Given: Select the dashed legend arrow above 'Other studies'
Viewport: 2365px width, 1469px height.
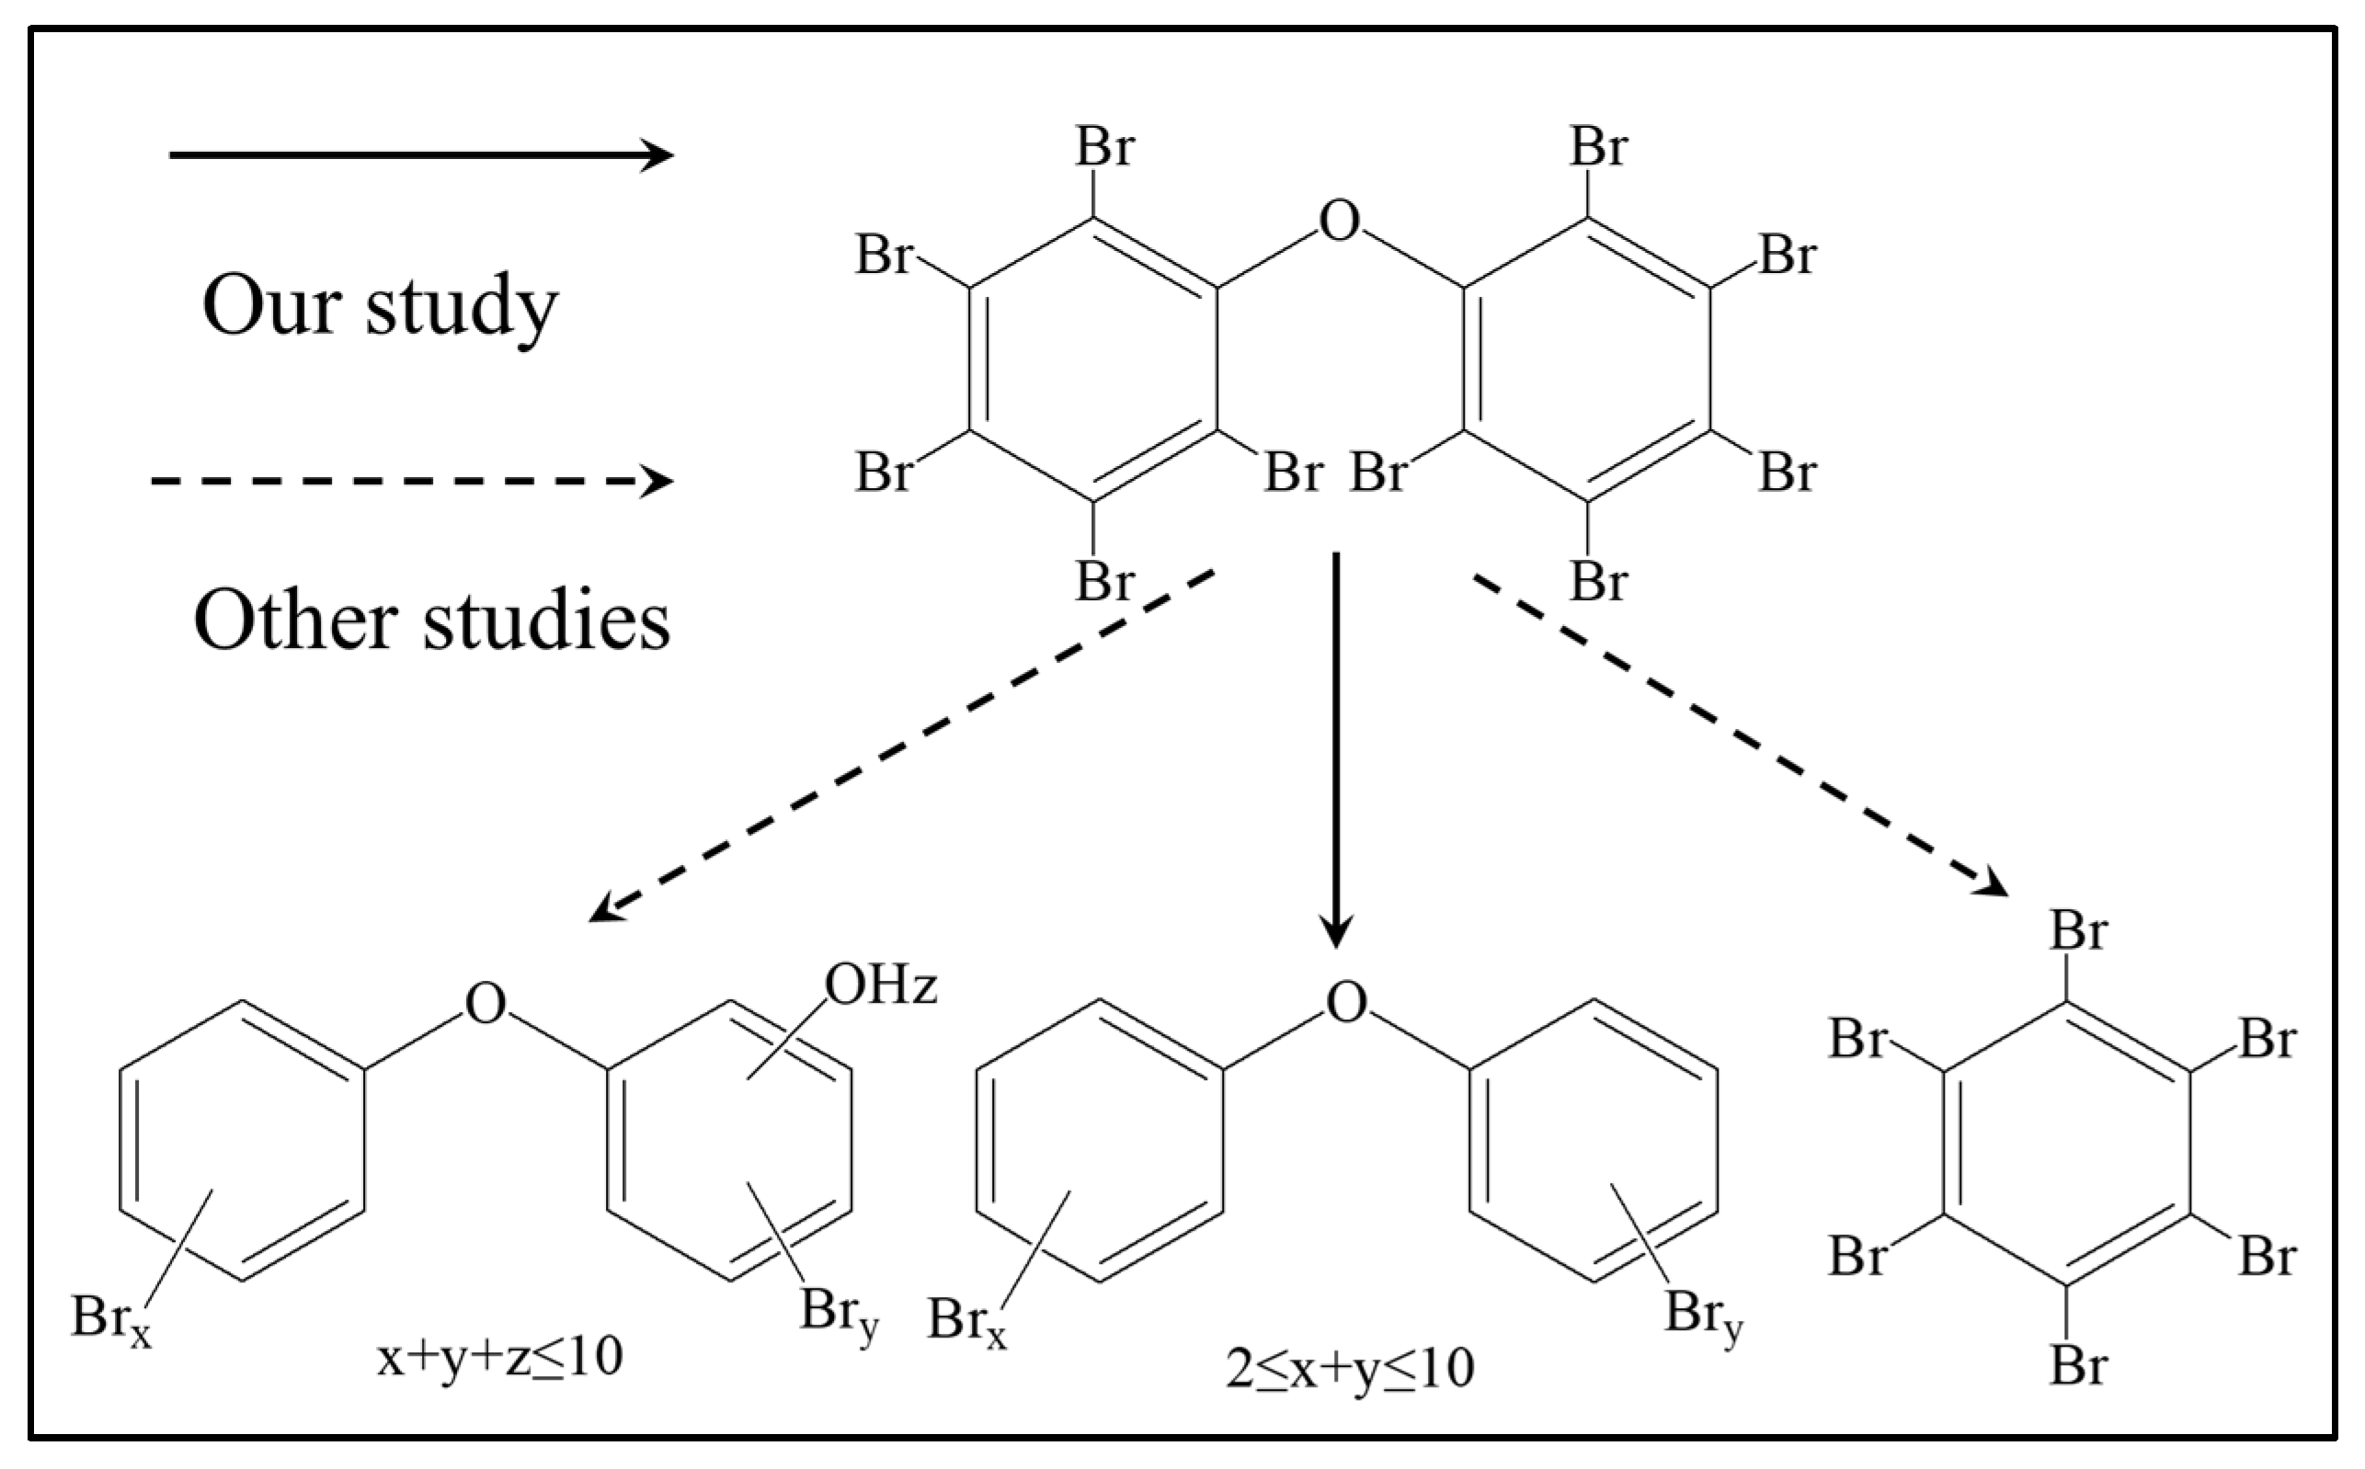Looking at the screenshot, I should point(411,480).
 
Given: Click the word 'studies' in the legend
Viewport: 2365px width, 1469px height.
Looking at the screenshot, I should point(546,621).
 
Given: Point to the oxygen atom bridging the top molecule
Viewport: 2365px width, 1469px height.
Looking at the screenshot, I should point(1339,221).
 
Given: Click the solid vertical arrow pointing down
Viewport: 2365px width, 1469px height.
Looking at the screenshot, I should point(1336,748).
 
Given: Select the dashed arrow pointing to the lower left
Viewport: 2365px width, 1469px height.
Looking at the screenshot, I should point(902,746).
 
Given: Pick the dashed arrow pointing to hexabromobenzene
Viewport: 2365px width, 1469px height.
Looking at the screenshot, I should point(1741,735).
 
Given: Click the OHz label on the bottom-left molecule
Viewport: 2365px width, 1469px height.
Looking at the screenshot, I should point(880,986).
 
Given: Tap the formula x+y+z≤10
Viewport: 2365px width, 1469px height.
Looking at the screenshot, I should point(499,1356).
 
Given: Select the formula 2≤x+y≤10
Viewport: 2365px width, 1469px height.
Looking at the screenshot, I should point(1350,1368).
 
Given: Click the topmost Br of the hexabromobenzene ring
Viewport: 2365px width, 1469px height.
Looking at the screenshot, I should point(2078,932).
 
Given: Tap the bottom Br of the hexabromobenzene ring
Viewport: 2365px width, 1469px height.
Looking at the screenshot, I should point(2078,1365).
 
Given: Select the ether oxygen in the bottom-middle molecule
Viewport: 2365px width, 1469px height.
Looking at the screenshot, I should point(1346,1003).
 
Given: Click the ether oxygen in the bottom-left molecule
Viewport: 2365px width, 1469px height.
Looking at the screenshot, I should point(485,1003).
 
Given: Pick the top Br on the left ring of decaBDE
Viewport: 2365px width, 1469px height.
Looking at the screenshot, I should point(1104,148).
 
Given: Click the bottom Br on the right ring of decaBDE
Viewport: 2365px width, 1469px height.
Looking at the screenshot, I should point(1598,582).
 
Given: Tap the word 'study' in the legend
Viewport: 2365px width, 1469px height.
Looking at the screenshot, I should point(462,307).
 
